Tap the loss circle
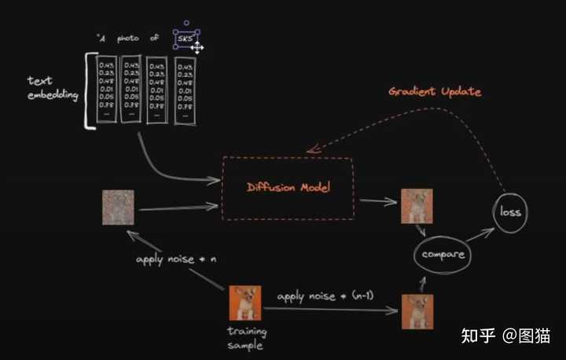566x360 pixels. pos(510,212)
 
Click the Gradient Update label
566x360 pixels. pos(435,91)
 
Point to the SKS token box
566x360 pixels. pos(186,39)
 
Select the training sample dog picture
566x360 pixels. pos(244,302)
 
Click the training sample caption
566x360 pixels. pos(245,339)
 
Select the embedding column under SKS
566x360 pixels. pos(186,90)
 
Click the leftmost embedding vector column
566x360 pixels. pos(108,88)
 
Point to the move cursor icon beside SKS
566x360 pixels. pos(197,49)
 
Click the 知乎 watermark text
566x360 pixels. pos(476,336)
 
